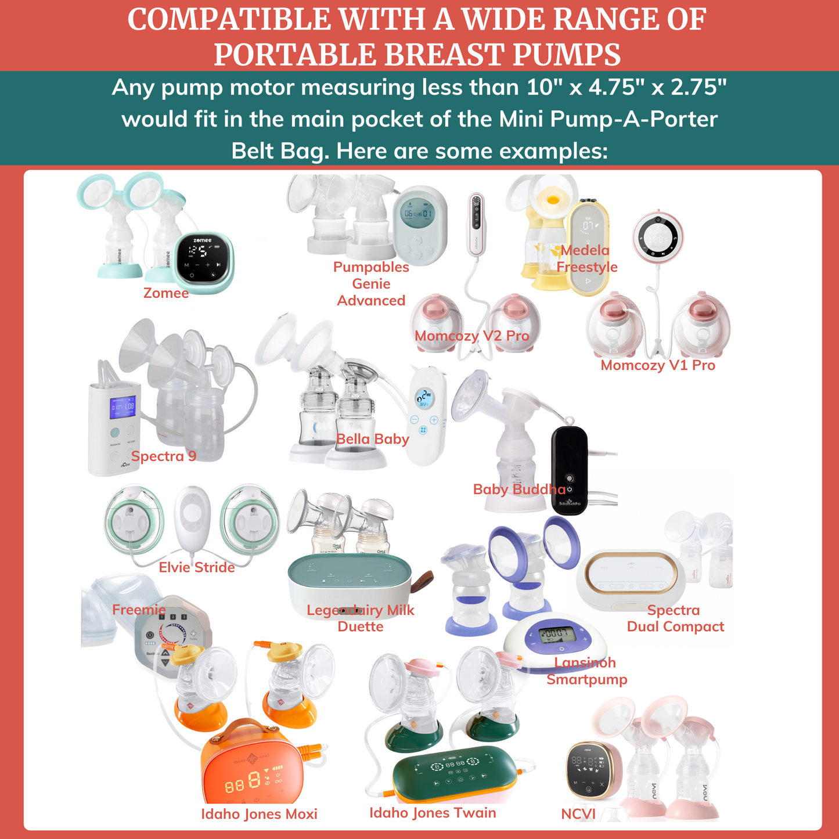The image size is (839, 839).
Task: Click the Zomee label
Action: tap(166, 293)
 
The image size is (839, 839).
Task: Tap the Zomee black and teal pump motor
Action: tap(204, 262)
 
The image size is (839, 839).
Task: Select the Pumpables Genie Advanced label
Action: tap(371, 284)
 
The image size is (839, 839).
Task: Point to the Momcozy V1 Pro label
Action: tap(658, 366)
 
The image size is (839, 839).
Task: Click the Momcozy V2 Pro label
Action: tap(471, 336)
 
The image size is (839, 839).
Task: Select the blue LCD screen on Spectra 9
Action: tap(123, 407)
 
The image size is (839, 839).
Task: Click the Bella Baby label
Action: tap(373, 440)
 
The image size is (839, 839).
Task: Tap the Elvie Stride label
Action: tap(197, 567)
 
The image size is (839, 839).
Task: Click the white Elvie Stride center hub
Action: tap(192, 517)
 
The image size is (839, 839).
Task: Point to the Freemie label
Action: tap(139, 610)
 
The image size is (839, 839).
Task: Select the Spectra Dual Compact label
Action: tap(675, 618)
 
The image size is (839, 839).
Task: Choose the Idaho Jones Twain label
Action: tap(433, 813)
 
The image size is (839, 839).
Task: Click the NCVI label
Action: tap(578, 814)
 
